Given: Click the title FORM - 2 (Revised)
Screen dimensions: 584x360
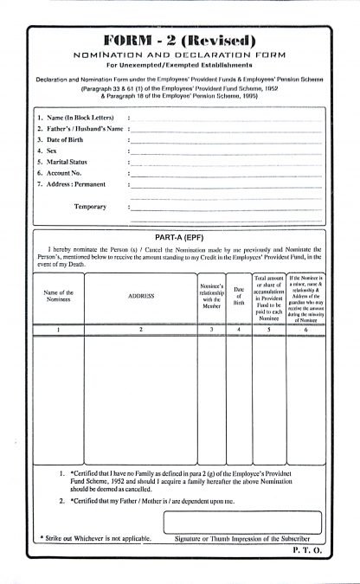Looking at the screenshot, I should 179,40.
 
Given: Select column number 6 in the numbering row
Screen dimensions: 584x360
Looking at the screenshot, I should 305,330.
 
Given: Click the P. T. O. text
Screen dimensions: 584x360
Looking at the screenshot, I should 306,549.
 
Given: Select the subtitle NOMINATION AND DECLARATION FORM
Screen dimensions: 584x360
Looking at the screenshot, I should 179,54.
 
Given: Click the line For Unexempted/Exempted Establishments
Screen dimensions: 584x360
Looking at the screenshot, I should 179,65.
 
